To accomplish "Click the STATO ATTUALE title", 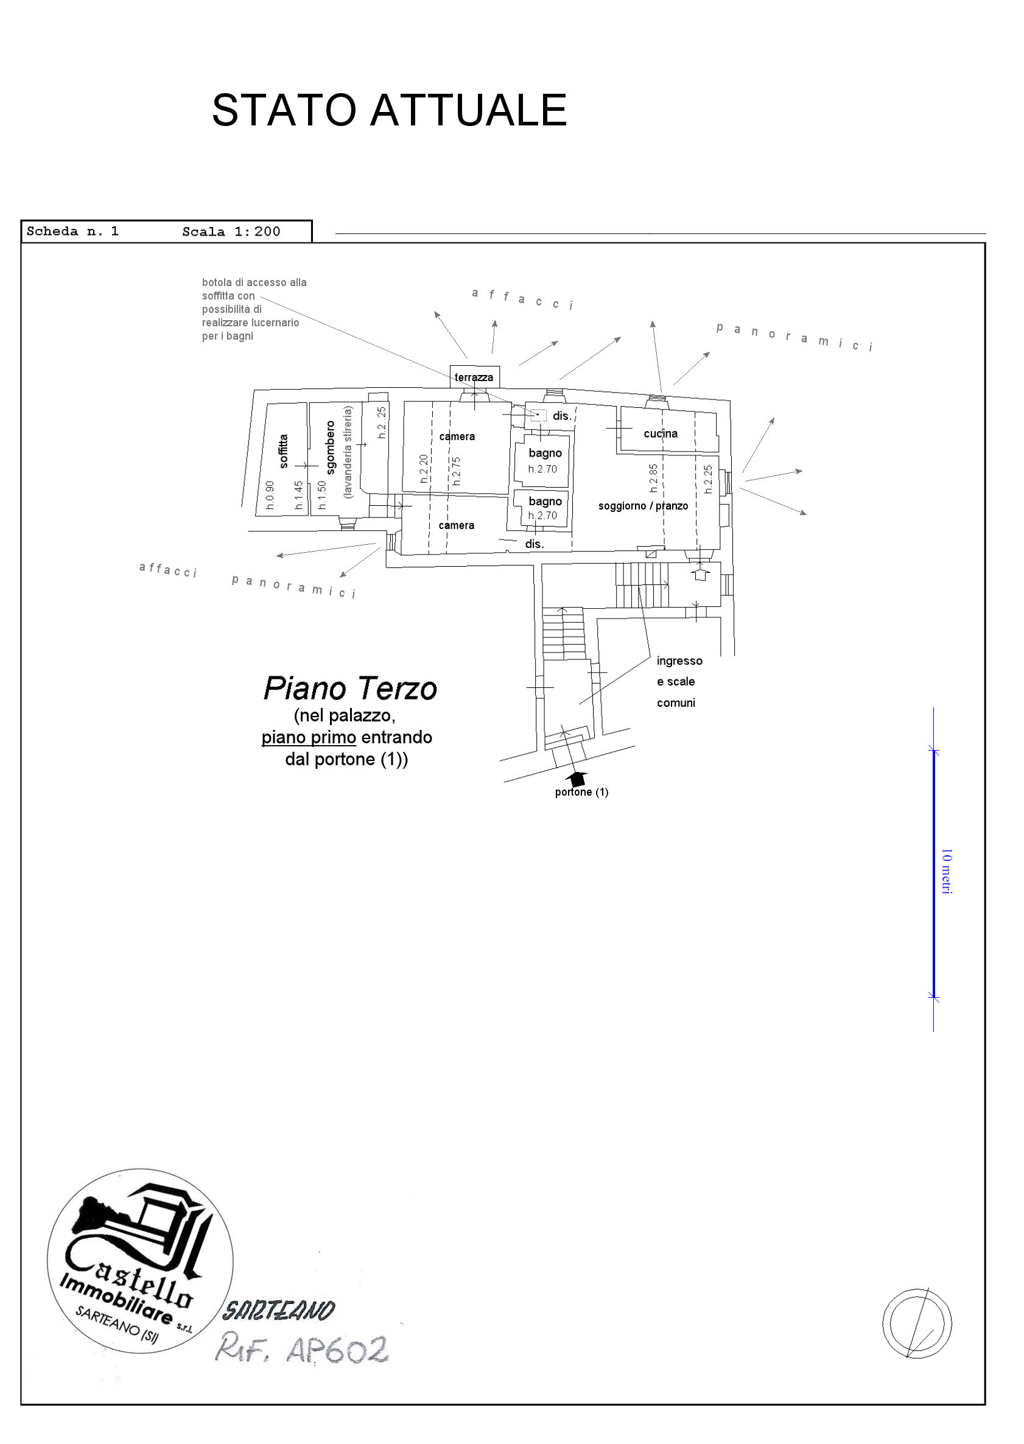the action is click(x=389, y=110).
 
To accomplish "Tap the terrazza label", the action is click(x=474, y=377).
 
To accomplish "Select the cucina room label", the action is click(x=660, y=433).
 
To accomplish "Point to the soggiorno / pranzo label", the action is click(x=642, y=506).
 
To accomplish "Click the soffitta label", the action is click(x=284, y=451).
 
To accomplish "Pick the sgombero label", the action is click(x=331, y=447).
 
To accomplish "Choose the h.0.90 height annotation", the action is click(x=270, y=495).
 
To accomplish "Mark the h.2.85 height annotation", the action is click(x=653, y=478).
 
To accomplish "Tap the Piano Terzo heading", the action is click(x=350, y=689).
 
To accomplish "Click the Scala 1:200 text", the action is click(x=231, y=231).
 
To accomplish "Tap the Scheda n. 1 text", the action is click(x=72, y=231).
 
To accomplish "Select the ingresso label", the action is click(x=679, y=661).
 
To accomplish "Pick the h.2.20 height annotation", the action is click(x=424, y=469).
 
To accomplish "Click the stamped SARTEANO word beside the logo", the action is click(x=278, y=1311).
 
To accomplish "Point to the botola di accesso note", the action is click(x=253, y=309).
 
